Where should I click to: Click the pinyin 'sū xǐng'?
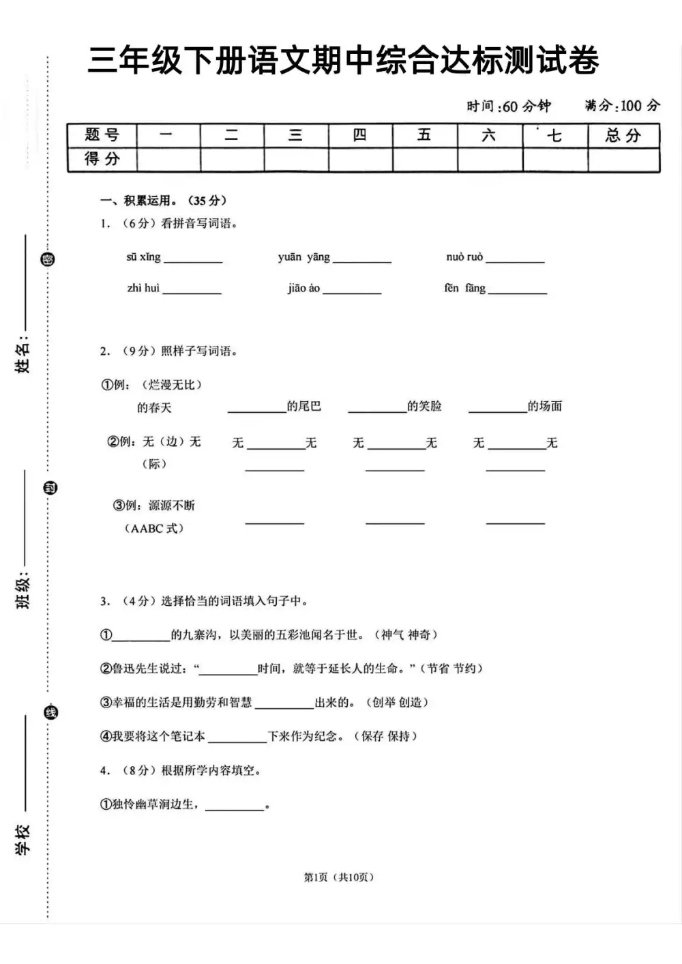[143, 257]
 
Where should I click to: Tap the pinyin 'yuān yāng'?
[303, 257]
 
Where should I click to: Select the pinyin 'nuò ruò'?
[464, 257]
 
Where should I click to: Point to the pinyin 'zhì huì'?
[143, 288]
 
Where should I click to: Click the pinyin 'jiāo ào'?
[303, 288]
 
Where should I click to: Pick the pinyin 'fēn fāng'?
[464, 288]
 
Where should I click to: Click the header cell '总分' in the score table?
[623, 135]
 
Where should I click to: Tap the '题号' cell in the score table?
[102, 135]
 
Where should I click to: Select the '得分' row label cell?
[102, 160]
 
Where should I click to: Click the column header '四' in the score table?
[360, 135]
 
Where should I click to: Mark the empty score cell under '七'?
[555, 160]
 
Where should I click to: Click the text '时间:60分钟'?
[509, 106]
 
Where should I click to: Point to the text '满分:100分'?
[622, 106]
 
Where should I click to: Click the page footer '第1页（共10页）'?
[339, 877]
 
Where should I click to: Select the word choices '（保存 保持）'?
[385, 736]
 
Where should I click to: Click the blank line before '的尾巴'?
[256, 408]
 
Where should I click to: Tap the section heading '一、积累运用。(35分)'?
[163, 201]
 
